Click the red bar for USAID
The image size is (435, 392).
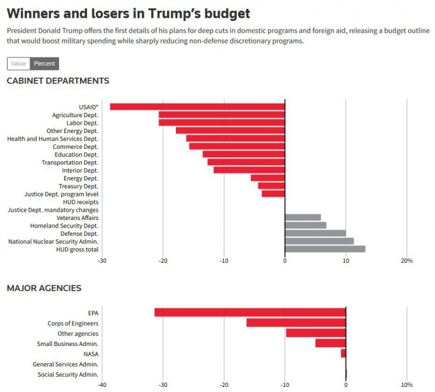click(197, 107)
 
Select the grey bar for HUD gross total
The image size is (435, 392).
click(325, 249)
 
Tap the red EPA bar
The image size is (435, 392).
click(250, 313)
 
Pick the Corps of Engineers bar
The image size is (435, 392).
click(296, 323)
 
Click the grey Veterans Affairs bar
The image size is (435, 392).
click(303, 217)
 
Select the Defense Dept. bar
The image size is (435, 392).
click(315, 233)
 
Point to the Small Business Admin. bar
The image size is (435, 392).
click(330, 343)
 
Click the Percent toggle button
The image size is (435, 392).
click(44, 64)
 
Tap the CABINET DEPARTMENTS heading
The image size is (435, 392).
click(58, 81)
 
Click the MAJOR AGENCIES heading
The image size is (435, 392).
click(44, 288)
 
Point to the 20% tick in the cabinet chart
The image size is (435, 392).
click(407, 260)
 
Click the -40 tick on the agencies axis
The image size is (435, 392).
click(102, 384)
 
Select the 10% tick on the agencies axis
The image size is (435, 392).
click(407, 384)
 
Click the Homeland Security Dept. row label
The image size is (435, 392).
click(64, 226)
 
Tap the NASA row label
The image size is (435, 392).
click(91, 354)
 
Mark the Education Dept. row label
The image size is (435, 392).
click(76, 154)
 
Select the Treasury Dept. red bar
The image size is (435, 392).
click(271, 186)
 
